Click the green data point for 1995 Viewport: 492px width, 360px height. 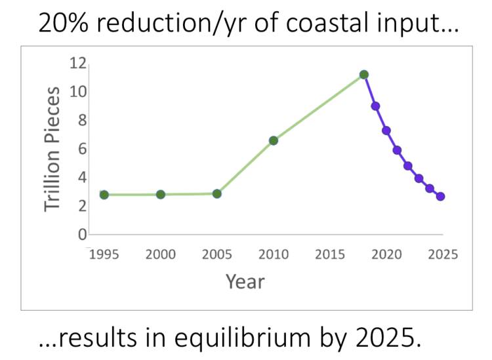(104, 195)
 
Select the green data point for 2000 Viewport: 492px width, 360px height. (161, 195)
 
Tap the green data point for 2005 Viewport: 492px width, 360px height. (217, 194)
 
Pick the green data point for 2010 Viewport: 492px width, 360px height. (274, 140)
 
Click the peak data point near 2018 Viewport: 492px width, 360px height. (364, 75)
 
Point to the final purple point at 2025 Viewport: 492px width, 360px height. (441, 197)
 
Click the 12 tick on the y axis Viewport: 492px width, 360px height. (79, 63)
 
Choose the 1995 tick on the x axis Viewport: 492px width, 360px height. (104, 254)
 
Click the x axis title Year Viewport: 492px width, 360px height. (245, 282)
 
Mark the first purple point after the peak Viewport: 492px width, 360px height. (375, 106)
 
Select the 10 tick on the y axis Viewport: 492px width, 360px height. (79, 92)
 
